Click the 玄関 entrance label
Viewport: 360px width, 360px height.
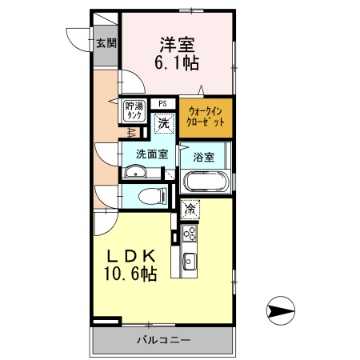coord(106,44)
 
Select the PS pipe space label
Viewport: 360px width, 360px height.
coord(162,103)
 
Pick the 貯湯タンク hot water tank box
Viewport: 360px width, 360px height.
coord(134,110)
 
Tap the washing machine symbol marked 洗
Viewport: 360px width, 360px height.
coord(163,124)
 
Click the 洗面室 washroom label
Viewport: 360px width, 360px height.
coord(150,154)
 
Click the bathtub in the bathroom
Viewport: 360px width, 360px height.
coord(206,182)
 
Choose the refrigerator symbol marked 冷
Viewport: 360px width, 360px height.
coord(190,210)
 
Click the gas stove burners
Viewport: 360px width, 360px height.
coord(190,234)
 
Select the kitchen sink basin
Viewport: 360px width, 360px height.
coord(190,261)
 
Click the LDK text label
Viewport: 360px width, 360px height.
coord(132,257)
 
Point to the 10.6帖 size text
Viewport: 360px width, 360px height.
coord(130,274)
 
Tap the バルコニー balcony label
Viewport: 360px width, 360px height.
coord(163,340)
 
